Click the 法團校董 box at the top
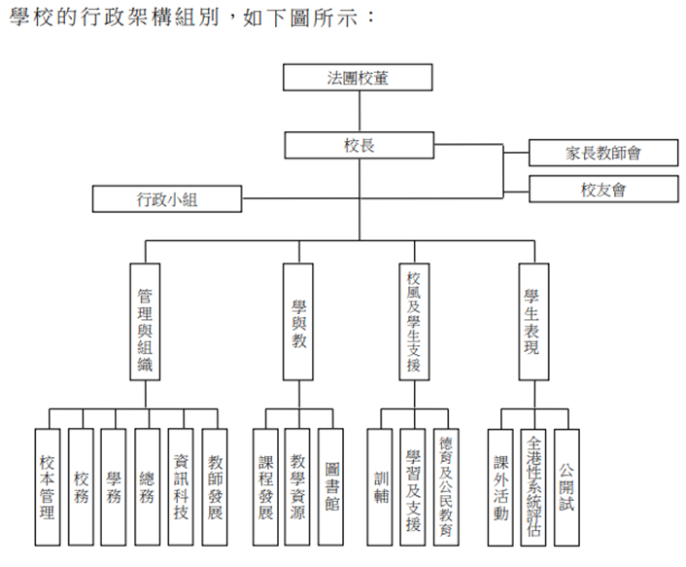357,78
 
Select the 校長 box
357,145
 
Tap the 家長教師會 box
602,153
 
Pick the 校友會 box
602,189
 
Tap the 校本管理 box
48,485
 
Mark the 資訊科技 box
180,485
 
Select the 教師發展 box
214,485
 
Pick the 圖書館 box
331,485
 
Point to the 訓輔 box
382,485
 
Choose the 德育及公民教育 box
446,485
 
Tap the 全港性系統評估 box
533,485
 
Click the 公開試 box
566,485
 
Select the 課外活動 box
500,485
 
